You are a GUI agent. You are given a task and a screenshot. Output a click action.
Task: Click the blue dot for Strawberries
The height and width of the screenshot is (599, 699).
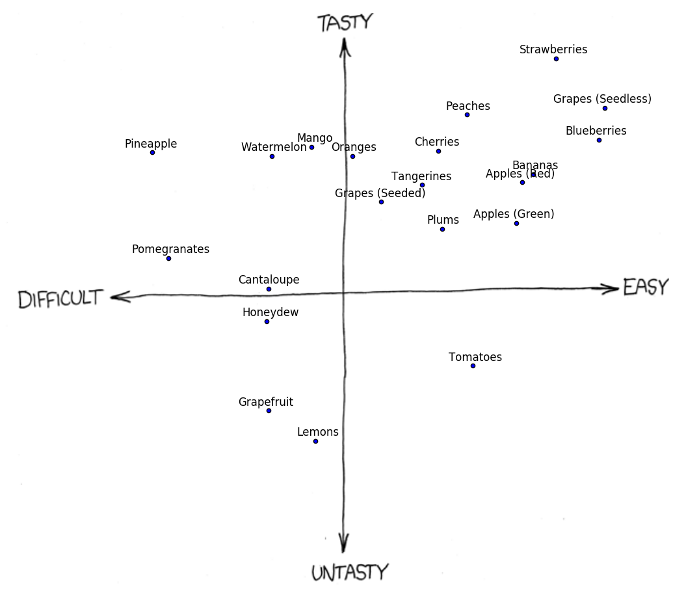[x=556, y=59]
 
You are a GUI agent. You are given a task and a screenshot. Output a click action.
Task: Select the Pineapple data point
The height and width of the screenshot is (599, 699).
[x=152, y=152]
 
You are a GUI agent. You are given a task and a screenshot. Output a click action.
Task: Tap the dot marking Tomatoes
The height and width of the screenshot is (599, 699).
[x=473, y=366]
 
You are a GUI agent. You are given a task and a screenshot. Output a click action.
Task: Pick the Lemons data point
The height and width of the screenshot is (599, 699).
[x=315, y=441]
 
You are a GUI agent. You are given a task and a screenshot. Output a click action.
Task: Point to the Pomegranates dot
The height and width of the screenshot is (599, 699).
[x=168, y=258]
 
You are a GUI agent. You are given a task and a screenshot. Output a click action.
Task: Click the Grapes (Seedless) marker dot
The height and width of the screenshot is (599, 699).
[x=605, y=108]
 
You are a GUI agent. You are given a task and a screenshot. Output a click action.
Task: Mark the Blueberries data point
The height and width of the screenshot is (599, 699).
[x=599, y=140]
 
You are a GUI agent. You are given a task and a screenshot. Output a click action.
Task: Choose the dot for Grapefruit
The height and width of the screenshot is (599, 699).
[x=269, y=410]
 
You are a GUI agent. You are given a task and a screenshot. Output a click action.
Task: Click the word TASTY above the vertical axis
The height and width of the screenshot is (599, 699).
[x=345, y=23]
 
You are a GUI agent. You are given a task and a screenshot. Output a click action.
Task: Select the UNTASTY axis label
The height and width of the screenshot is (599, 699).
[x=349, y=572]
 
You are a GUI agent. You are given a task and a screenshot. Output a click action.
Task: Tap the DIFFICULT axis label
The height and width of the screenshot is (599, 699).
[x=60, y=299]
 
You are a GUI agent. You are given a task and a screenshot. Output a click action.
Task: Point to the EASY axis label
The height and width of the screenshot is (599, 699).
[x=646, y=287]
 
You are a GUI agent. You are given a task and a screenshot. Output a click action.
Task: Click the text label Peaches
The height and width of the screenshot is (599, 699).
[x=468, y=106]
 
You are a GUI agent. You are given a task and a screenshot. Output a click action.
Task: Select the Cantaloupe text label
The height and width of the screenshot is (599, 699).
[x=269, y=280]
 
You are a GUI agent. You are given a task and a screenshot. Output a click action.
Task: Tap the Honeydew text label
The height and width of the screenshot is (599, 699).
[x=270, y=312]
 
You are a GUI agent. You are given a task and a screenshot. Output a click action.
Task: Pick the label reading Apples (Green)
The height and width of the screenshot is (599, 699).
[x=514, y=214]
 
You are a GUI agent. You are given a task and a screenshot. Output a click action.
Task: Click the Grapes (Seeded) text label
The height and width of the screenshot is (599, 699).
[x=380, y=193]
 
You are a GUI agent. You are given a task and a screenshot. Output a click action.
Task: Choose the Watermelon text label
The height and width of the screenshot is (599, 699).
[x=273, y=147]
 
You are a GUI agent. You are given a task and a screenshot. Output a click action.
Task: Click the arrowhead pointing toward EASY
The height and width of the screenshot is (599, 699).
[x=611, y=289]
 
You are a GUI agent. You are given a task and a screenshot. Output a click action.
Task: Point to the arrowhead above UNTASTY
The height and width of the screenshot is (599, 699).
[x=344, y=543]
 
